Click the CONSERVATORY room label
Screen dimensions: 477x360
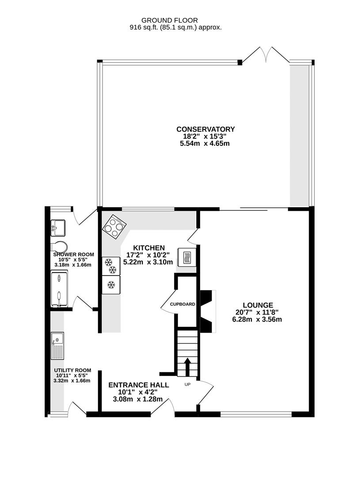tap(205, 129)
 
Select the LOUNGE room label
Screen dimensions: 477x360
tap(258, 305)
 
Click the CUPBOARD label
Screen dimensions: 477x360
tap(182, 304)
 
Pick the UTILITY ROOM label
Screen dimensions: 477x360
tap(72, 370)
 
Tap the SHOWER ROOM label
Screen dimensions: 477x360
tap(73, 254)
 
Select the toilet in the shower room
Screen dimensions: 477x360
tap(59, 246)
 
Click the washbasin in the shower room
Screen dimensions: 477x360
tap(58, 227)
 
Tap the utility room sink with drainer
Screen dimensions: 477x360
tap(57, 345)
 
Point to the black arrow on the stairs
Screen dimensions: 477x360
tap(187, 366)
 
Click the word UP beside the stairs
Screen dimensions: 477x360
tap(187, 384)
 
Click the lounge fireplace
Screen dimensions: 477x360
tap(207, 311)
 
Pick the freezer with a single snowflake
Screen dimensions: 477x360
tap(111, 284)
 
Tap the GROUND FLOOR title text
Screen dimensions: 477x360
tap(169, 20)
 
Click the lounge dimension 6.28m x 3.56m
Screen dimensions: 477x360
tap(257, 319)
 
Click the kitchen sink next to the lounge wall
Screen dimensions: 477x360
tap(185, 257)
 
